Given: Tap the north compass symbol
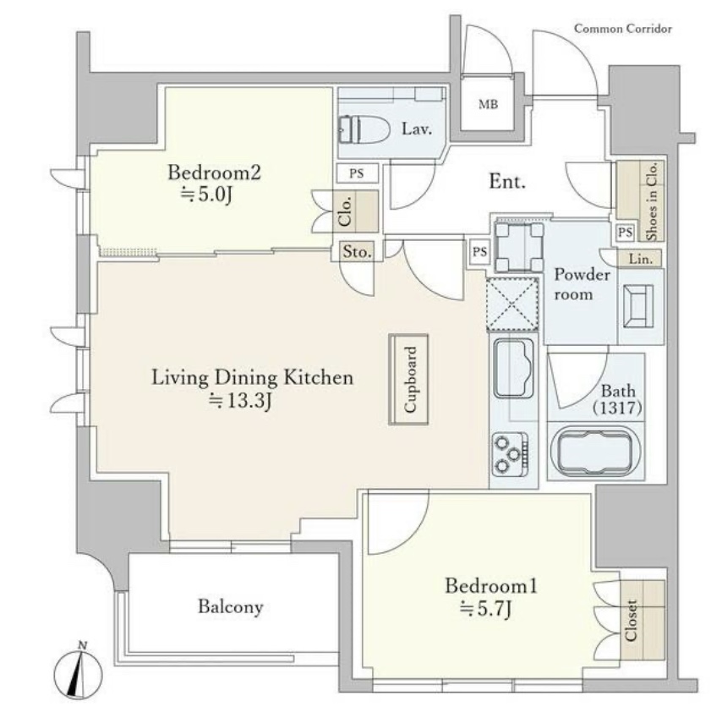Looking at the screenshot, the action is click(78, 669).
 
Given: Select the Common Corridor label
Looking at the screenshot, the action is click(623, 29).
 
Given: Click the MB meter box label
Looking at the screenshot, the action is click(488, 105).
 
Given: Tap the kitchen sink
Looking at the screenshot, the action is click(514, 369).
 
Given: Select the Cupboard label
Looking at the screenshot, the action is click(410, 379).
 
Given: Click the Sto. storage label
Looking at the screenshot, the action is click(357, 251).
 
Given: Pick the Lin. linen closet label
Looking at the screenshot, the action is click(641, 260).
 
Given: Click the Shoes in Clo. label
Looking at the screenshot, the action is click(652, 201).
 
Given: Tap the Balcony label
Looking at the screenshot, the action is click(230, 606).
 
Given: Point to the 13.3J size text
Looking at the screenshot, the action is click(240, 401).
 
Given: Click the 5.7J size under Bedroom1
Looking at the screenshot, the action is click(486, 610).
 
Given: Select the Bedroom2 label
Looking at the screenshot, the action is click(214, 173).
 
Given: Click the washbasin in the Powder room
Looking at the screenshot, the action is click(638, 306).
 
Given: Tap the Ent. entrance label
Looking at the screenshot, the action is click(507, 182).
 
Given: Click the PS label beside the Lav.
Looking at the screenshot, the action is click(357, 173).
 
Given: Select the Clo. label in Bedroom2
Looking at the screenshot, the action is click(345, 211).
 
